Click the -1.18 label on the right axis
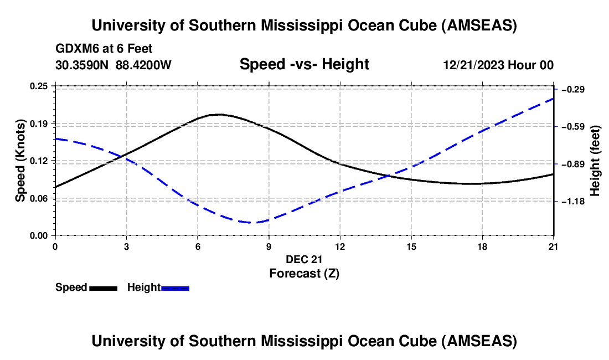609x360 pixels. tap(574, 202)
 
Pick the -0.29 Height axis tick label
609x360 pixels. tap(574, 90)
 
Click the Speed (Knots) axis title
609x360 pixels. tap(20, 161)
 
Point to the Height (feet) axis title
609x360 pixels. tap(596, 161)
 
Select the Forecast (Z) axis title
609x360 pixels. tap(304, 273)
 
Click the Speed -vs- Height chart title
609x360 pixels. tap(304, 64)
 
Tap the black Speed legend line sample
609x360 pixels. tap(103, 288)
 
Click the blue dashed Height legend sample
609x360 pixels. tap(176, 288)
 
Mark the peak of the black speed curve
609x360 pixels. tap(219, 115)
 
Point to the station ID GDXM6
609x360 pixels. tap(75, 49)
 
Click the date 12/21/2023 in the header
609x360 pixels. tap(473, 65)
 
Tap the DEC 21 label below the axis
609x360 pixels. tap(304, 259)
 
